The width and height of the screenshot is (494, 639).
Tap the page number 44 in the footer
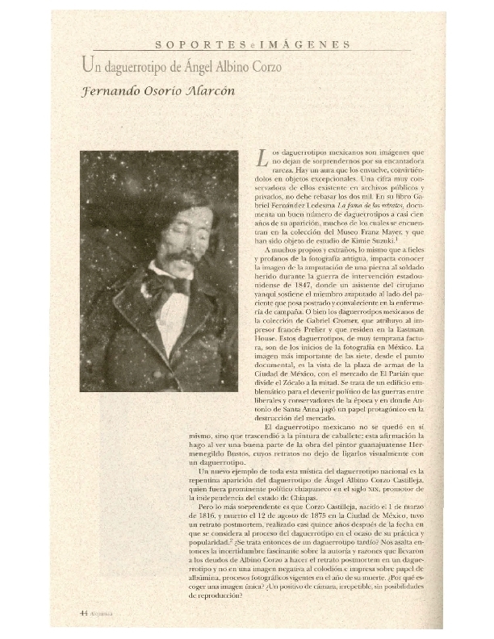pyautogui.click(x=83, y=612)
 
